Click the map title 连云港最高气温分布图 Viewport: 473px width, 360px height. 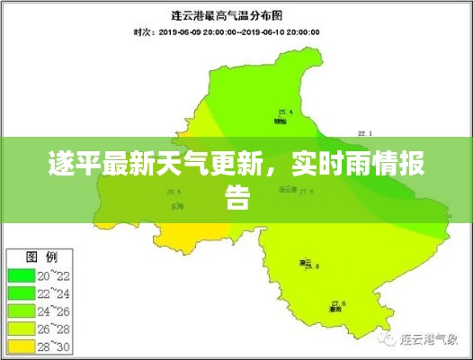[235, 15]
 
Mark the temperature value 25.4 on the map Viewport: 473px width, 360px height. [285, 112]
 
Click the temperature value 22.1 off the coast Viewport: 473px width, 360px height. [364, 132]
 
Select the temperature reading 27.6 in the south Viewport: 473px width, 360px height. [338, 302]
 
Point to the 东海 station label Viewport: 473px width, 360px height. [174, 206]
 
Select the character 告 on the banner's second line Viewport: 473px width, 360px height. [236, 199]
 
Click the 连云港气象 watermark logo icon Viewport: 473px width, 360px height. [388, 339]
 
